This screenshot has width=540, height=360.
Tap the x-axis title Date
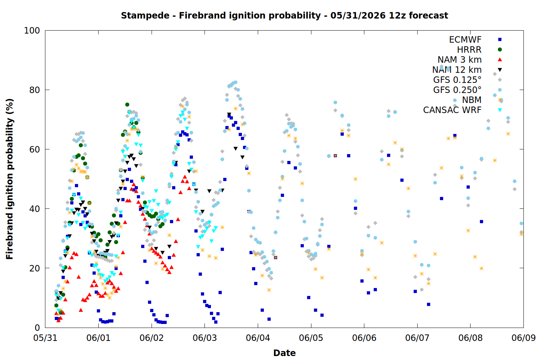284,353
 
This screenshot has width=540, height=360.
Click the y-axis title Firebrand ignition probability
10,179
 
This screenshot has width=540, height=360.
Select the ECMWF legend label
465,40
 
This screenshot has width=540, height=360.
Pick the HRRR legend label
469,50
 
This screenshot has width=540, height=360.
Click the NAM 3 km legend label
460,59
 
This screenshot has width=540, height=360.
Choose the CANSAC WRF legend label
452,110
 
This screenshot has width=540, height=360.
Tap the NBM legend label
472,100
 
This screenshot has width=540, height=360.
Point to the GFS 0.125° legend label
457,80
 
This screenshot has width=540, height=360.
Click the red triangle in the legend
500,59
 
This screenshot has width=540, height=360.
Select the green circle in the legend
500,50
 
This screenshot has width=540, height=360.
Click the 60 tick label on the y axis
35,149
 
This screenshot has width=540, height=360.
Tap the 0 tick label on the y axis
37,328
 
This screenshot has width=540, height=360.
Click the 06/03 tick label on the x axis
205,338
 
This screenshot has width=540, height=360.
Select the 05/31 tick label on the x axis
45,338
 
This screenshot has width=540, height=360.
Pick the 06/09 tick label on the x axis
523,338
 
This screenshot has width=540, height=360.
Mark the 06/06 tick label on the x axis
364,338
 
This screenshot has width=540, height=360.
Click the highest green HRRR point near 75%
127,105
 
